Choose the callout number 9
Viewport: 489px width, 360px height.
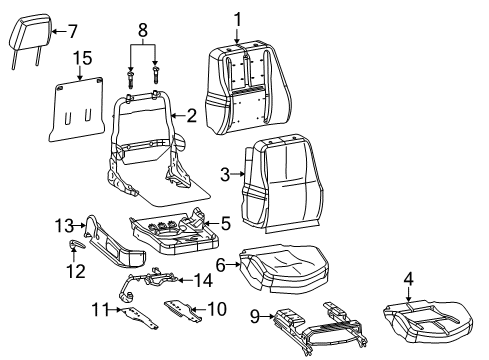[254, 318]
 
